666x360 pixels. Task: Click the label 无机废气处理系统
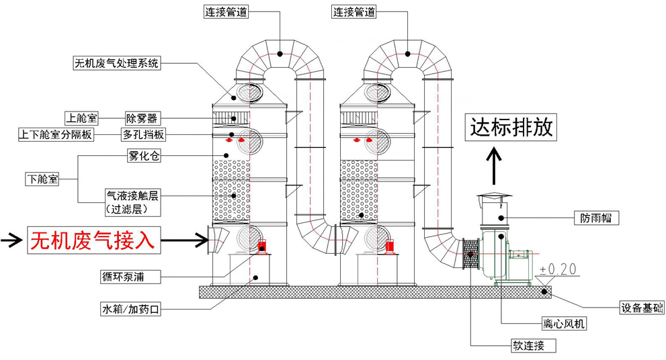(x=116, y=64)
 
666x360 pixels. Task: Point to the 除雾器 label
(x=141, y=118)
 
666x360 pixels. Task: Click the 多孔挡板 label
(x=143, y=134)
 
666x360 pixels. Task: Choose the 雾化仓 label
(x=142, y=156)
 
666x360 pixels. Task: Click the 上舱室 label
(x=81, y=118)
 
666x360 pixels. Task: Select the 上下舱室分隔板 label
(x=56, y=134)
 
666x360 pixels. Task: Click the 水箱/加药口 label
(x=130, y=310)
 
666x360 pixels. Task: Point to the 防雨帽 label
(x=596, y=218)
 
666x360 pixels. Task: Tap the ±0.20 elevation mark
(x=558, y=269)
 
